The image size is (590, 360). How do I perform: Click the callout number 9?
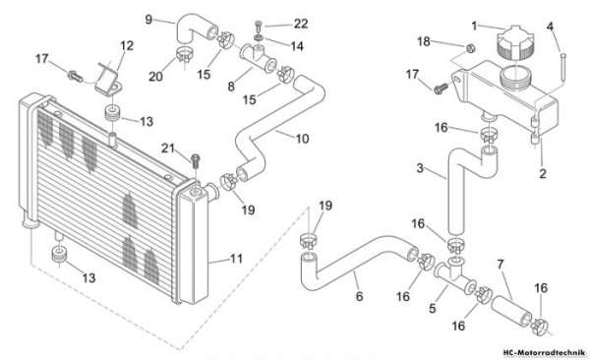click(x=148, y=20)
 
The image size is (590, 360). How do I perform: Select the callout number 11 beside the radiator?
click(x=236, y=259)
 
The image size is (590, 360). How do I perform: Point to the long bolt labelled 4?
click(x=562, y=67)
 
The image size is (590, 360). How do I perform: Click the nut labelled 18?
click(x=470, y=48)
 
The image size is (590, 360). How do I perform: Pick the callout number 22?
click(x=301, y=24)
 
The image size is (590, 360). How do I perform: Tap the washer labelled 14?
click(x=258, y=37)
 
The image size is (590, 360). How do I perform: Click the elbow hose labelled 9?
click(x=197, y=29)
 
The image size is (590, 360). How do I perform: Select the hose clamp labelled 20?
click(x=185, y=55)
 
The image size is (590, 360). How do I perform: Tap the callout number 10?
click(x=302, y=139)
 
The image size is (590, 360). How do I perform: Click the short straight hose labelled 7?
click(x=511, y=310)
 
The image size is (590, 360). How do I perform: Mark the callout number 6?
click(x=359, y=296)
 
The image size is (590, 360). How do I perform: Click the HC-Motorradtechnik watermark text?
click(x=544, y=352)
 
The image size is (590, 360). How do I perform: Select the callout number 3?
click(x=420, y=168)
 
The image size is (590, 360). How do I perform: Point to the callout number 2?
click(x=543, y=173)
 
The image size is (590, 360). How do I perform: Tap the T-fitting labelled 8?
click(x=258, y=58)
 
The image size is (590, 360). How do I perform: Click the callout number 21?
click(x=168, y=149)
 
